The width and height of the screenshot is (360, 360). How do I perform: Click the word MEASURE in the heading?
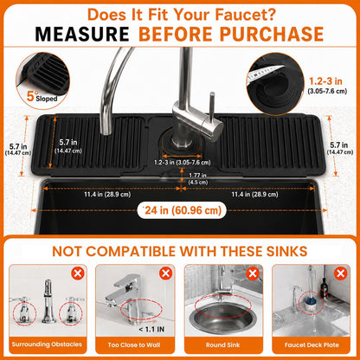[82, 34]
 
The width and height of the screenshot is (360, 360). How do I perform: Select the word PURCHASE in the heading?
[272, 34]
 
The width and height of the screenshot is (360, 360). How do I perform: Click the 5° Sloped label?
[42, 96]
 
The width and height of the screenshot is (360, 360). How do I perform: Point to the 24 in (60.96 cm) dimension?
[183, 210]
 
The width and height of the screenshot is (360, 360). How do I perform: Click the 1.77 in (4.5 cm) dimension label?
[197, 178]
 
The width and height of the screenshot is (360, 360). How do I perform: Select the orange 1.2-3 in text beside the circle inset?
[326, 81]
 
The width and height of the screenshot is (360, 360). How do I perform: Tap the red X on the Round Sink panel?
[253, 273]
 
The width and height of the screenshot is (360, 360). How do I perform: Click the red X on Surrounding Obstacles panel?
[78, 273]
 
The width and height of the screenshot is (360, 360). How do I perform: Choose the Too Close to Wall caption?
[134, 344]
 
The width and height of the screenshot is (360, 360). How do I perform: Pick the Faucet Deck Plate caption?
[312, 344]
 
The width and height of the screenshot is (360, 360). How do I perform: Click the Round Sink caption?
[222, 344]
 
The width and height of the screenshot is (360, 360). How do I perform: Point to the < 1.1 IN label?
[151, 329]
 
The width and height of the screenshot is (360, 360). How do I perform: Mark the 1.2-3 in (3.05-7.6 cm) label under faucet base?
[183, 163]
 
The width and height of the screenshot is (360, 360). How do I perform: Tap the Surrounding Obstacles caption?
[47, 344]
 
